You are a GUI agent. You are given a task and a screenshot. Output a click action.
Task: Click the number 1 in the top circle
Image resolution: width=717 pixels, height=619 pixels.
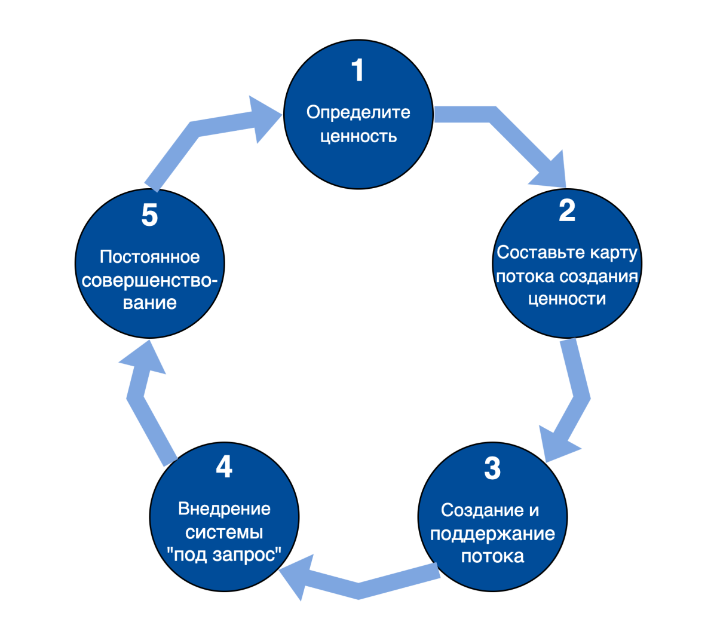tap(357, 71)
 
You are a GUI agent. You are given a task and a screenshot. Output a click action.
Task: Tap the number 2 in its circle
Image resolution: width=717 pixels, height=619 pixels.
tap(566, 211)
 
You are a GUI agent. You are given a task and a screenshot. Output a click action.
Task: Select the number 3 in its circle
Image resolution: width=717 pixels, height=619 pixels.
tap(492, 469)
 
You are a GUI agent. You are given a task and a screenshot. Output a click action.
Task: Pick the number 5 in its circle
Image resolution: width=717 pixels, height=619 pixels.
tap(149, 216)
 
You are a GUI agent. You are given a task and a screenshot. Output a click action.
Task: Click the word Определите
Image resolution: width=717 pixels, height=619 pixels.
tap(358, 112)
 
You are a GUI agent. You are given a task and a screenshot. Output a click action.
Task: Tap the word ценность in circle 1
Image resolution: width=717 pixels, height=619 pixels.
tap(358, 136)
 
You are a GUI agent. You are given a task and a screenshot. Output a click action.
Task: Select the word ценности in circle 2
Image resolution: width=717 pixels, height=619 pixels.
tap(567, 298)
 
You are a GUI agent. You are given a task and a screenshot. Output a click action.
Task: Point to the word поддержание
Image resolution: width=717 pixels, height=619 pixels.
tap(493, 533)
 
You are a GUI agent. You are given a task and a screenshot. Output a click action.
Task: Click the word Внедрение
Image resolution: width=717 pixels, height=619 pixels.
tap(225, 509)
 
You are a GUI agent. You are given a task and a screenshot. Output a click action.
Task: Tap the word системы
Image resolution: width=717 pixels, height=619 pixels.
tap(225, 531)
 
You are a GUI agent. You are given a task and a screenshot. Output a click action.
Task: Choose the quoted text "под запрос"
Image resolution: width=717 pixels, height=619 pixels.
tap(225, 554)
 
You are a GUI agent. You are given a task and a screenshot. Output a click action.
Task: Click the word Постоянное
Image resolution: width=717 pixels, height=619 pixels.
tap(149, 258)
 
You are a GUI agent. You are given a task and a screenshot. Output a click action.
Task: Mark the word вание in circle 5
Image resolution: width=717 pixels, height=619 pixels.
tap(149, 302)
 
